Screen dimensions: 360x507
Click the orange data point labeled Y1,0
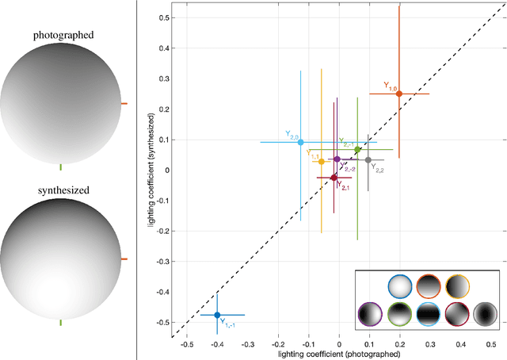[x=398, y=94]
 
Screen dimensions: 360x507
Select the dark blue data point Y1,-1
[x=217, y=315]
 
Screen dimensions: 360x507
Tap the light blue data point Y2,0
[x=300, y=143]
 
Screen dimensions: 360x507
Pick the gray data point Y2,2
[x=368, y=160]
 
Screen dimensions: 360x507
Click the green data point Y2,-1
[x=357, y=149]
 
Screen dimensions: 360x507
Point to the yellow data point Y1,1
[x=321, y=162]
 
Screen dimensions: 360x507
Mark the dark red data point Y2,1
[x=334, y=178]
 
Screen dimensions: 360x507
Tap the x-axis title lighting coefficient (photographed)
[x=339, y=354]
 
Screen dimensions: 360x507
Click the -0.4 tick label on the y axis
[x=163, y=292]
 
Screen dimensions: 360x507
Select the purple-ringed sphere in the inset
[x=370, y=315]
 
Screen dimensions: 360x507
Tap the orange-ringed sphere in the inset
[x=429, y=286]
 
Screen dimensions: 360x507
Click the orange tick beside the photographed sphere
[x=123, y=103]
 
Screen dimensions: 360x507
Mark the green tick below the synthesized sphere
[x=61, y=323]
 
